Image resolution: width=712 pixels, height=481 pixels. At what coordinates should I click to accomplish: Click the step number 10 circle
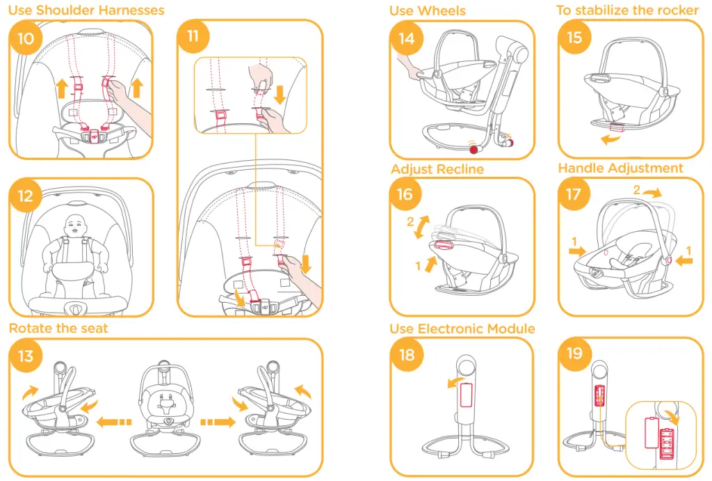click(x=25, y=38)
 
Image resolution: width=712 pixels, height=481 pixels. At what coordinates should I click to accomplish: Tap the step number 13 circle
click(x=26, y=356)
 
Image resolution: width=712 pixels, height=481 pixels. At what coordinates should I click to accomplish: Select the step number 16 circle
click(x=405, y=195)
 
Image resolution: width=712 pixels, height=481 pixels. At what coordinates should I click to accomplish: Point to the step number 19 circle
click(x=574, y=354)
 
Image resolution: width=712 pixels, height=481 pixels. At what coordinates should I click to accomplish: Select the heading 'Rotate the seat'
click(x=58, y=328)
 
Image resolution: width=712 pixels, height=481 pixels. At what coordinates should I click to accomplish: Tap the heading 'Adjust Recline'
click(x=437, y=169)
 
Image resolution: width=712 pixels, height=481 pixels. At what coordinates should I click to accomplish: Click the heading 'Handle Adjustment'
click(x=620, y=168)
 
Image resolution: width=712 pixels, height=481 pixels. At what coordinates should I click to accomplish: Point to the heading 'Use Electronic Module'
click(x=462, y=328)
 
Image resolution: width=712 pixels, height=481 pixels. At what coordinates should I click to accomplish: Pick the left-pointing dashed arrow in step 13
click(x=115, y=422)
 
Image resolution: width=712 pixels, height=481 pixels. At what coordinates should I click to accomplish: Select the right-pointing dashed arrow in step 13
click(x=216, y=422)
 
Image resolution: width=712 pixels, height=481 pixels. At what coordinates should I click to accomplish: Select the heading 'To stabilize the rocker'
click(x=627, y=10)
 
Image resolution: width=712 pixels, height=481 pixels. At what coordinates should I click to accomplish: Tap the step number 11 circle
click(x=193, y=37)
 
